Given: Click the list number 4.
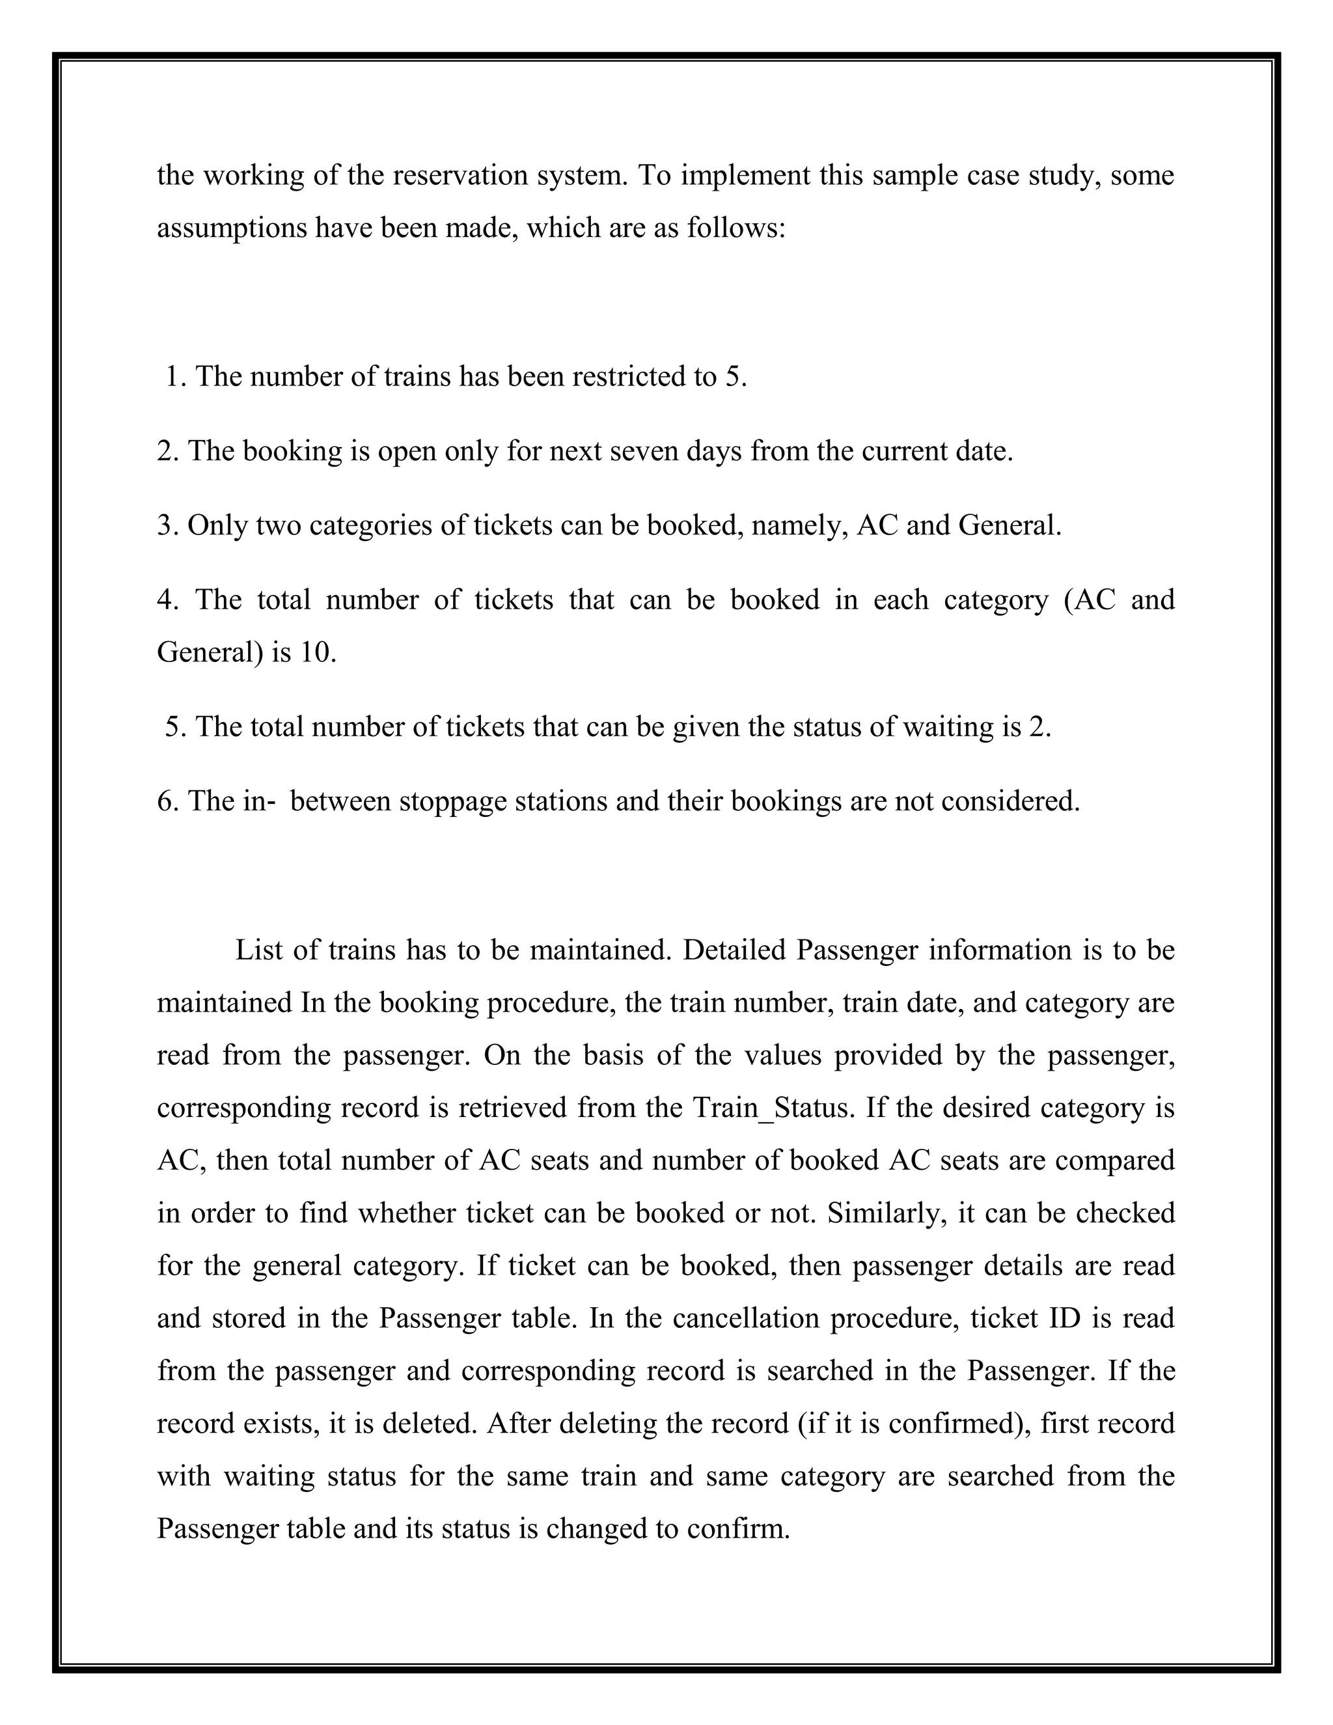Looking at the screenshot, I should point(167,600).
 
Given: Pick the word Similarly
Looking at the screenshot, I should point(887,1213).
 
